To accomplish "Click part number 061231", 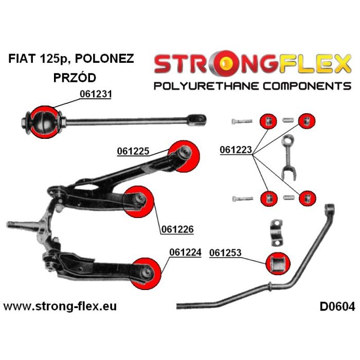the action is click(x=96, y=94).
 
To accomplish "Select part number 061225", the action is click(x=133, y=151).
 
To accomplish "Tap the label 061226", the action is click(x=177, y=229).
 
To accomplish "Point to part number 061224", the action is click(x=185, y=253).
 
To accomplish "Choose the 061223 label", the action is click(x=236, y=150).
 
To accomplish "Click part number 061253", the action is click(x=225, y=253).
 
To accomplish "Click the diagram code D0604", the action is click(x=337, y=307).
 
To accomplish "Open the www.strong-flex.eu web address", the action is click(x=60, y=307).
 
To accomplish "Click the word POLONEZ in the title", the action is click(x=104, y=59).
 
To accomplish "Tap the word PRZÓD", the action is click(x=75, y=78).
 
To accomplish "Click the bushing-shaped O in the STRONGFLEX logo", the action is click(x=225, y=63).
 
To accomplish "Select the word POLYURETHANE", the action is click(x=206, y=86).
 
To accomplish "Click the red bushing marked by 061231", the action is click(x=45, y=122).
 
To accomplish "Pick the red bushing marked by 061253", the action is click(x=278, y=263).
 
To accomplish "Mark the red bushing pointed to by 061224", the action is click(x=146, y=274).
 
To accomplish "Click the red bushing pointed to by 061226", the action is click(x=138, y=202).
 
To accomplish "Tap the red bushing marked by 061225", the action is click(x=184, y=156).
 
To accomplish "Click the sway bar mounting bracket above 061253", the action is click(x=277, y=233).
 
